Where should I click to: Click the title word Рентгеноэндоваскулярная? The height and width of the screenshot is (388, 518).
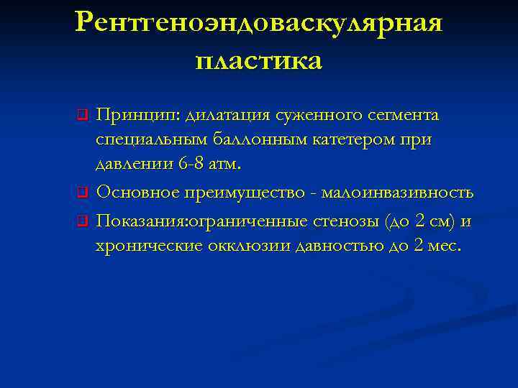(259, 24)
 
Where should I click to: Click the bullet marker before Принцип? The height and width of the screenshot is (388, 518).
(83, 114)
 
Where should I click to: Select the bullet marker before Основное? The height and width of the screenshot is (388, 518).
(83, 192)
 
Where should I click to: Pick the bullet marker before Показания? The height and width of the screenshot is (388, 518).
(83, 220)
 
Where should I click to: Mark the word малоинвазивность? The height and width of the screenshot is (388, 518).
(396, 193)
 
